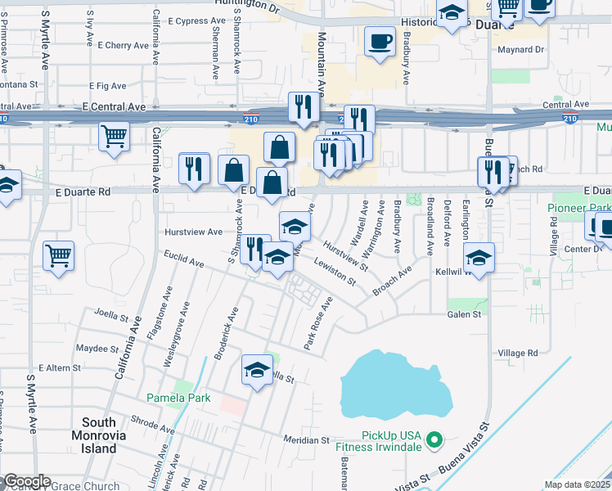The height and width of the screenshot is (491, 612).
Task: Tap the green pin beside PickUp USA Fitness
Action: (435, 439)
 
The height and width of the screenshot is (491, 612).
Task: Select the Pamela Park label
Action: (178, 399)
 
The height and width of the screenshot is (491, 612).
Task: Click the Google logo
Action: (26, 482)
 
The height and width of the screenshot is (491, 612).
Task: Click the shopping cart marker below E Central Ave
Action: (114, 137)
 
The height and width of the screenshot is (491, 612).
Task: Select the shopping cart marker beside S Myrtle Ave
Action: (59, 256)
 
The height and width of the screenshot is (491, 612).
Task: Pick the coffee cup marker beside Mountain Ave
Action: (380, 42)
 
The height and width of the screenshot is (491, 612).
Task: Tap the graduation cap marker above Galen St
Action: (479, 258)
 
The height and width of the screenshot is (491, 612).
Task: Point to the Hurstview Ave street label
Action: (193, 232)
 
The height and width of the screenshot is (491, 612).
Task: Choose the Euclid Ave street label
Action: (184, 262)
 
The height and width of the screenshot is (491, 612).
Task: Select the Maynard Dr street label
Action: (521, 50)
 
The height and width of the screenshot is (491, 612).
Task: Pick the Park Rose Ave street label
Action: (318, 324)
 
